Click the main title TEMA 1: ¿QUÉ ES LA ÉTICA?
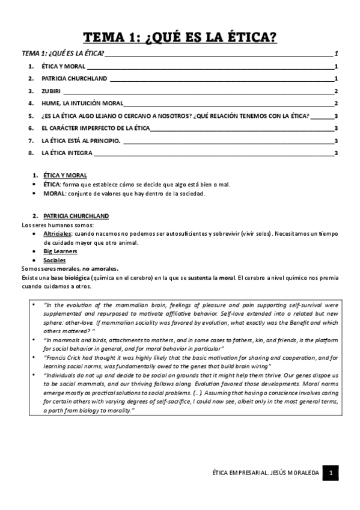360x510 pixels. pyautogui.click(x=180, y=37)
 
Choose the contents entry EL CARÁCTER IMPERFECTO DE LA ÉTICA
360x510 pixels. pyautogui.click(x=96, y=128)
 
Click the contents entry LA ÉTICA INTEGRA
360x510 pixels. pyautogui.click(x=67, y=153)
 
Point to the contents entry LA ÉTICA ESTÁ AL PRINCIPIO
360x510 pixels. pyautogui.click(x=81, y=140)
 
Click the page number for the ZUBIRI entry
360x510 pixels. pyautogui.click(x=336, y=91)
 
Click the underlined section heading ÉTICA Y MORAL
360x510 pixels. pyautogui.click(x=65, y=175)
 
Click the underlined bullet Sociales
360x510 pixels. pyautogui.click(x=55, y=260)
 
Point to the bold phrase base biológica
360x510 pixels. pyautogui.click(x=70, y=278)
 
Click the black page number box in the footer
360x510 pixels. pyautogui.click(x=331, y=474)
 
